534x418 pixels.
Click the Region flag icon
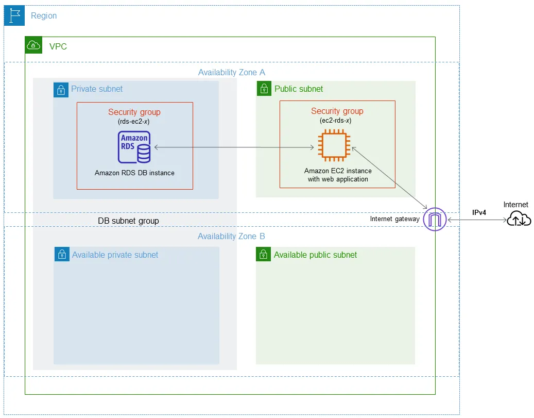click(x=14, y=15)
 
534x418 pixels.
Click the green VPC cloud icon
click(x=33, y=45)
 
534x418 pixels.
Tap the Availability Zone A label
click(x=232, y=73)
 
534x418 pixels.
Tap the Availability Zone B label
click(x=231, y=237)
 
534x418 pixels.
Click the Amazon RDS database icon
click(x=134, y=147)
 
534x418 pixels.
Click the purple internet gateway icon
click(x=434, y=220)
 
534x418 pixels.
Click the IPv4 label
click(x=479, y=212)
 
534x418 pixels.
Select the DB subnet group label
click(x=128, y=221)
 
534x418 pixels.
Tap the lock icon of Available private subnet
click(x=61, y=255)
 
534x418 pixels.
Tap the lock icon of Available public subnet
click(x=263, y=255)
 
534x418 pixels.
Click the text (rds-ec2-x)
click(x=134, y=122)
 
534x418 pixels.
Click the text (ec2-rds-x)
click(x=337, y=121)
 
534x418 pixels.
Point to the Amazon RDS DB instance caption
click(x=134, y=173)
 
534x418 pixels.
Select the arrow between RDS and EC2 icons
click(x=234, y=148)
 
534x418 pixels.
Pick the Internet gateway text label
click(x=394, y=219)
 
